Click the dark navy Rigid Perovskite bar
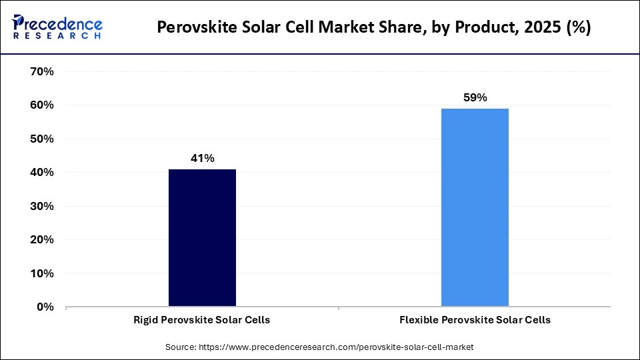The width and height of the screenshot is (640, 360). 202,238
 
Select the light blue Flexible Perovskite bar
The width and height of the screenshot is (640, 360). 475,207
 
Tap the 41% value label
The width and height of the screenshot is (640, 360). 202,158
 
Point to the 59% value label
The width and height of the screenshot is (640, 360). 475,97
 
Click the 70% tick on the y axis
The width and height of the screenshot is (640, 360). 42,72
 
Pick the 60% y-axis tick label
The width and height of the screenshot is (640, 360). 42,105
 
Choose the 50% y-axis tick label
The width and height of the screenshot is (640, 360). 42,139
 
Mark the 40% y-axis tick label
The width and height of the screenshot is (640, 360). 42,173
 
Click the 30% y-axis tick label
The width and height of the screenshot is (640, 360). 42,207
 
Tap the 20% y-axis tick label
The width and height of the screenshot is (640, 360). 42,240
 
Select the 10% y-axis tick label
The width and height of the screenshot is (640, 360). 42,274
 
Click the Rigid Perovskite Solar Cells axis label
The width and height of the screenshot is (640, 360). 202,320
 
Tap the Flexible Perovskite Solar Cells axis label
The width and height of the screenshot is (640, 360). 475,320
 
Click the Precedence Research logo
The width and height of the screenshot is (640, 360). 57,27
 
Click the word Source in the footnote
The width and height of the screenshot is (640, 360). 181,347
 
